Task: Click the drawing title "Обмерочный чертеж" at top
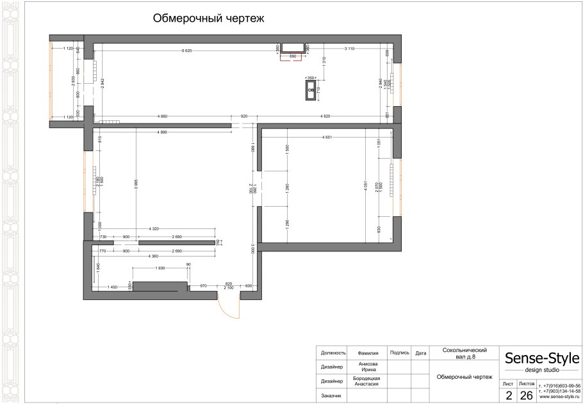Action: (208, 19)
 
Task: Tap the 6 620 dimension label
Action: (186, 50)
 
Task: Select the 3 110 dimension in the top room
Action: (350, 49)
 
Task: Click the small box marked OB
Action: (311, 91)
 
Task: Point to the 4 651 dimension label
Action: (331, 138)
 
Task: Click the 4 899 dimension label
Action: (165, 132)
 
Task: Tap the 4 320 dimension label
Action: (154, 228)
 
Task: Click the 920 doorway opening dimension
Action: (243, 116)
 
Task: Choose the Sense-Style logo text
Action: (542, 358)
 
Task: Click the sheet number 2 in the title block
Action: (508, 395)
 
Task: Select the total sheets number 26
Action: (527, 395)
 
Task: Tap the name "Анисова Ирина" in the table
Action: (368, 367)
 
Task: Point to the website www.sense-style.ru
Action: (559, 397)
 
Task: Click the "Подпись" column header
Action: (399, 353)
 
